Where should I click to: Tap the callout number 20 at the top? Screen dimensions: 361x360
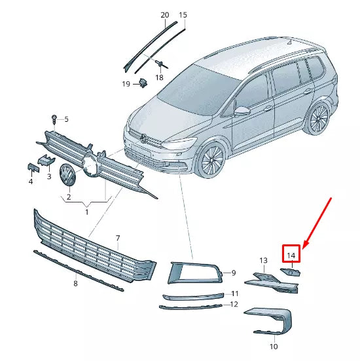coord(164,14)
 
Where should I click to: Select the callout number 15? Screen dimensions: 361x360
coord(183,14)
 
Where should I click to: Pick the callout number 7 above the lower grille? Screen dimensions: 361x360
coord(118,238)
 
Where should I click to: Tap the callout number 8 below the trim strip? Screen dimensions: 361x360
coord(75,283)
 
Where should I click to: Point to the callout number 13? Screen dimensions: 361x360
coord(263,260)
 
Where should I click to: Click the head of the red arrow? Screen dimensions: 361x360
coord(306,244)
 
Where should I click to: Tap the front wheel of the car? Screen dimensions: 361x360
coord(213,161)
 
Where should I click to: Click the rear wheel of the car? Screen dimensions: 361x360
coord(319,120)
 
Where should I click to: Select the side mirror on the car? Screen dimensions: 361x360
coord(243,110)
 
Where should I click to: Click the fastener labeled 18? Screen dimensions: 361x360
coord(160,63)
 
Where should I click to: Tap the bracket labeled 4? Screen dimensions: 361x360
coord(31,168)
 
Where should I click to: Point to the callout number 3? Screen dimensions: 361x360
coord(48,177)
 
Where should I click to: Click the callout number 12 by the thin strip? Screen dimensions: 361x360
coord(234,304)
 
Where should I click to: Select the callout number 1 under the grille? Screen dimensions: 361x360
coord(87,212)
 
